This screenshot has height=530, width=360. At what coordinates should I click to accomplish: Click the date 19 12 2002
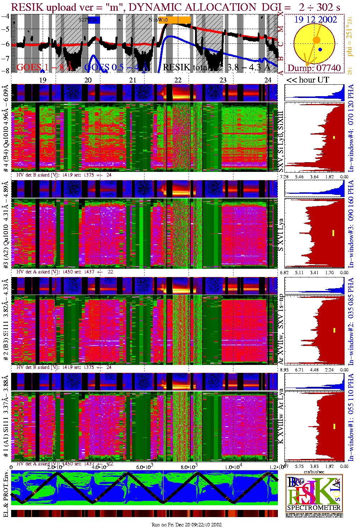coord(316,20)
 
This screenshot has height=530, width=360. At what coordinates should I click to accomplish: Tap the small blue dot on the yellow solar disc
coord(320,49)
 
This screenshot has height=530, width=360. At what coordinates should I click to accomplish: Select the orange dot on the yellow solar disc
coord(316,39)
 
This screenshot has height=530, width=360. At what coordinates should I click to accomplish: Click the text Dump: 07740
coord(314,68)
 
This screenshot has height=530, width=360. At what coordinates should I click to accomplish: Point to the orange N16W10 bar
coord(179,20)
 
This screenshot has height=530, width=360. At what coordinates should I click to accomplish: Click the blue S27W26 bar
coord(94,20)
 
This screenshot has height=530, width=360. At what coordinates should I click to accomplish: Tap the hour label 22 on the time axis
coord(178,80)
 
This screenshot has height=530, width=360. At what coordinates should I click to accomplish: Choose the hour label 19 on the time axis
coord(43,80)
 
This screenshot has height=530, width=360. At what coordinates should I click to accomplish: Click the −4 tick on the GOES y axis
coord(5,16)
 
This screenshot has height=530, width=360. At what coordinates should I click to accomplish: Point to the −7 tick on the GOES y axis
coord(5,58)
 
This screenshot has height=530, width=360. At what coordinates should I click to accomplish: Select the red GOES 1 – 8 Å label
coord(44,67)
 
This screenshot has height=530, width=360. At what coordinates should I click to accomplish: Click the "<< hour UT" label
coord(307,80)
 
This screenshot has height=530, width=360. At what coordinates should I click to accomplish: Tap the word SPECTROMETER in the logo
coord(314,507)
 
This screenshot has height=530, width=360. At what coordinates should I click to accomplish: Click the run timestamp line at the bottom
coord(186,525)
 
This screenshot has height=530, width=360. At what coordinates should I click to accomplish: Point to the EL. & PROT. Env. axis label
coord(6,494)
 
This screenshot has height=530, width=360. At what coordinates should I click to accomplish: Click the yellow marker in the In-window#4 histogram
coord(334,137)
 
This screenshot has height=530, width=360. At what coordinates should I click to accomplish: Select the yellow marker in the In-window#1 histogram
coord(334,426)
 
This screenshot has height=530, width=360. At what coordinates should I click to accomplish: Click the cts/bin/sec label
coord(314,471)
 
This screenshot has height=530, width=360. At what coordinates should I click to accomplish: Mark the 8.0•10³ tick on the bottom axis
coord(189,467)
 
